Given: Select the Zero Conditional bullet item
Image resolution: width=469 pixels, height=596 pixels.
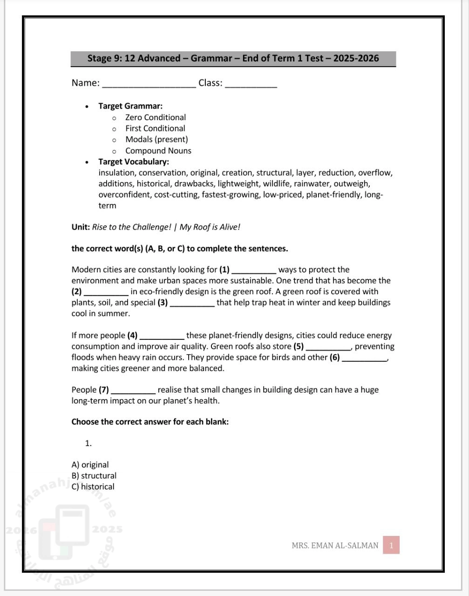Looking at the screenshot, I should point(155,117).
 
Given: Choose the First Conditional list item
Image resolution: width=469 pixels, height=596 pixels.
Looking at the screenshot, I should point(155,129).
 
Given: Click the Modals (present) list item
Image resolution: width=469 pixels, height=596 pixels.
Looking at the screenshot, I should point(156,139).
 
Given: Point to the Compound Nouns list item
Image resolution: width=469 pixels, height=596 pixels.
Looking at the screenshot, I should point(158,150).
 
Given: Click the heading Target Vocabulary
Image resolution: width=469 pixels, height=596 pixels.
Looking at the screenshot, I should point(133,162).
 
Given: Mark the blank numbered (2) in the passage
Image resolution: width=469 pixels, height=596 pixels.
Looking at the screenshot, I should point(106,293).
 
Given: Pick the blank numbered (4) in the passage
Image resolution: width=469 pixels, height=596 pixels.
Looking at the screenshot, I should point(162,337).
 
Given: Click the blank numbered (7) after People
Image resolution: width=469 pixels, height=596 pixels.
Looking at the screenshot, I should point(133,392).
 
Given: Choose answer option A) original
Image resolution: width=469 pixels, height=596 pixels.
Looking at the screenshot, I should point(90,465).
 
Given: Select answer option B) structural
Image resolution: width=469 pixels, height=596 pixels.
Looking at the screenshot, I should point(94,475).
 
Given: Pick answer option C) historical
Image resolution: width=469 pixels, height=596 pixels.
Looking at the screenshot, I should point(93,487).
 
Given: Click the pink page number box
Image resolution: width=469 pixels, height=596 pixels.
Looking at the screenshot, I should point(391,545).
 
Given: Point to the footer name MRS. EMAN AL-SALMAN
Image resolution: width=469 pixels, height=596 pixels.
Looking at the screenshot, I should point(335,545).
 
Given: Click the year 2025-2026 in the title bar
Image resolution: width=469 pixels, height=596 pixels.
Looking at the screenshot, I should point(356,59).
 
